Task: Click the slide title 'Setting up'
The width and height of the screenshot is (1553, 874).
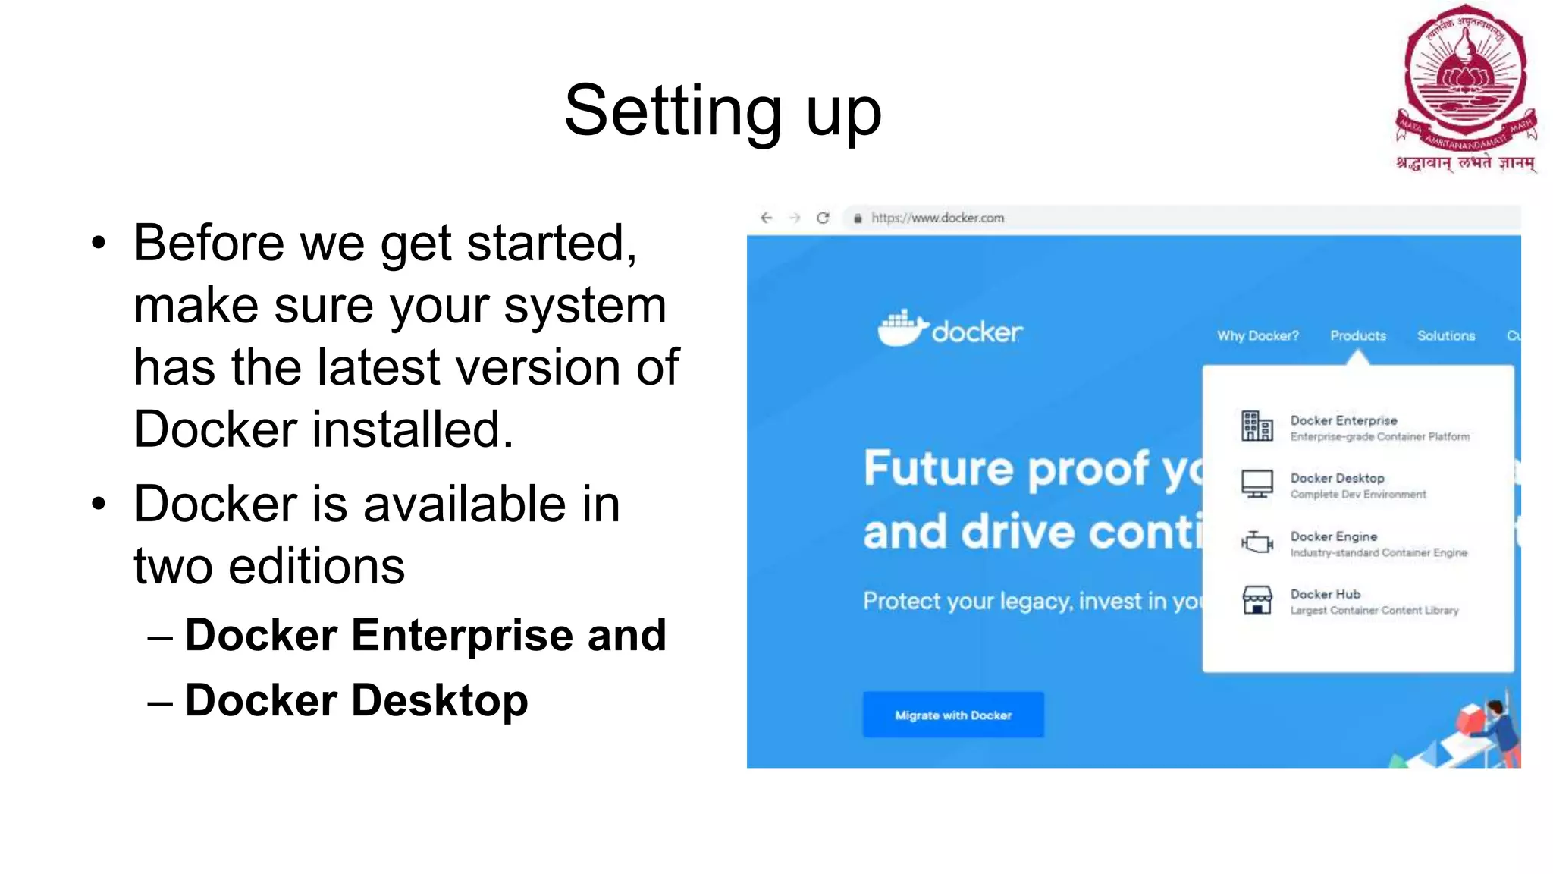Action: pos(722,112)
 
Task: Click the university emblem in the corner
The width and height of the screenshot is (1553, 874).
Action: pos(1465,87)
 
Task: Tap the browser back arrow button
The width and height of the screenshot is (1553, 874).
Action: pos(767,218)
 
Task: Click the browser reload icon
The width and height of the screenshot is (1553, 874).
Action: pos(823,218)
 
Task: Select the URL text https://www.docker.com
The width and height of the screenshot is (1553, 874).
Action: pos(937,218)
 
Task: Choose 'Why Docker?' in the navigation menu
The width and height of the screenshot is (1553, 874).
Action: pos(1257,335)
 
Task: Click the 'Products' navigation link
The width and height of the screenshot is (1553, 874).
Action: pos(1357,335)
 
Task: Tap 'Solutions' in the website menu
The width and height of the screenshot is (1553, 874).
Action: pos(1445,335)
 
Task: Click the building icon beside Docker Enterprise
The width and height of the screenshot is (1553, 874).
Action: pos(1257,426)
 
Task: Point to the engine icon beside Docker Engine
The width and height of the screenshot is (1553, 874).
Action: pos(1257,542)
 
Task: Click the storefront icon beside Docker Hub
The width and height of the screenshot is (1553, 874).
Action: pos(1257,600)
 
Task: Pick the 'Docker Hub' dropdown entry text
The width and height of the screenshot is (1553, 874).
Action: pos(1325,594)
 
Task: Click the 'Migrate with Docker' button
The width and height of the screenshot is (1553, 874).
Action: pos(952,715)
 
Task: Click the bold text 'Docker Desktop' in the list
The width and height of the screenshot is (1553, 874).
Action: pos(356,700)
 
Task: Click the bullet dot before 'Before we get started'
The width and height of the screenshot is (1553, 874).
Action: pos(99,244)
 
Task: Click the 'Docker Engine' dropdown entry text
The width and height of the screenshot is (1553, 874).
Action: pos(1333,536)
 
